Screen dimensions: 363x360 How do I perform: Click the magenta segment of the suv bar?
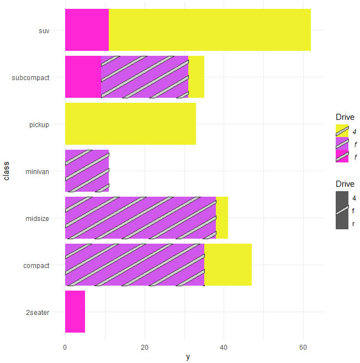point(87,30)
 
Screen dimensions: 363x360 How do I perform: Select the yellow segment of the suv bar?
point(210,30)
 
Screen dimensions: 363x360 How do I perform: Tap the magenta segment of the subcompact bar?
point(83,77)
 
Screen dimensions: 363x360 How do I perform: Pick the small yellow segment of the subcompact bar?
point(197,77)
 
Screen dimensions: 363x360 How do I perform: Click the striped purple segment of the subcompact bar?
point(145,77)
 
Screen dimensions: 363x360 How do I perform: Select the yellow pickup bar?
point(130,124)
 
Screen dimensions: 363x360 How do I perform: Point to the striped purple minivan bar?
point(87,171)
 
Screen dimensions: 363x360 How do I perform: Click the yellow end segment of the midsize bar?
point(222,218)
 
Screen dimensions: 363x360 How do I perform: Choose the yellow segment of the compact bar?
point(228,265)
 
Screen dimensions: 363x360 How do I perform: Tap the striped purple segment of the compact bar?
point(135,265)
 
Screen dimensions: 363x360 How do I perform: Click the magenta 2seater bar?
point(75,312)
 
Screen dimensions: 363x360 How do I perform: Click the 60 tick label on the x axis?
point(303,347)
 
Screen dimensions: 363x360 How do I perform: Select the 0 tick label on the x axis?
point(65,347)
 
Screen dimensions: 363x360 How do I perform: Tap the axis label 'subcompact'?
point(30,77)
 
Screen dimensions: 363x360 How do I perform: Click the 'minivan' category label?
point(37,171)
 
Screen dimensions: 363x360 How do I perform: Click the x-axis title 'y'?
point(188,357)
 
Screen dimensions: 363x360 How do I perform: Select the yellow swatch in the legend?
point(342,131)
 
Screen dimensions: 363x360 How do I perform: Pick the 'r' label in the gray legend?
point(353,224)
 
